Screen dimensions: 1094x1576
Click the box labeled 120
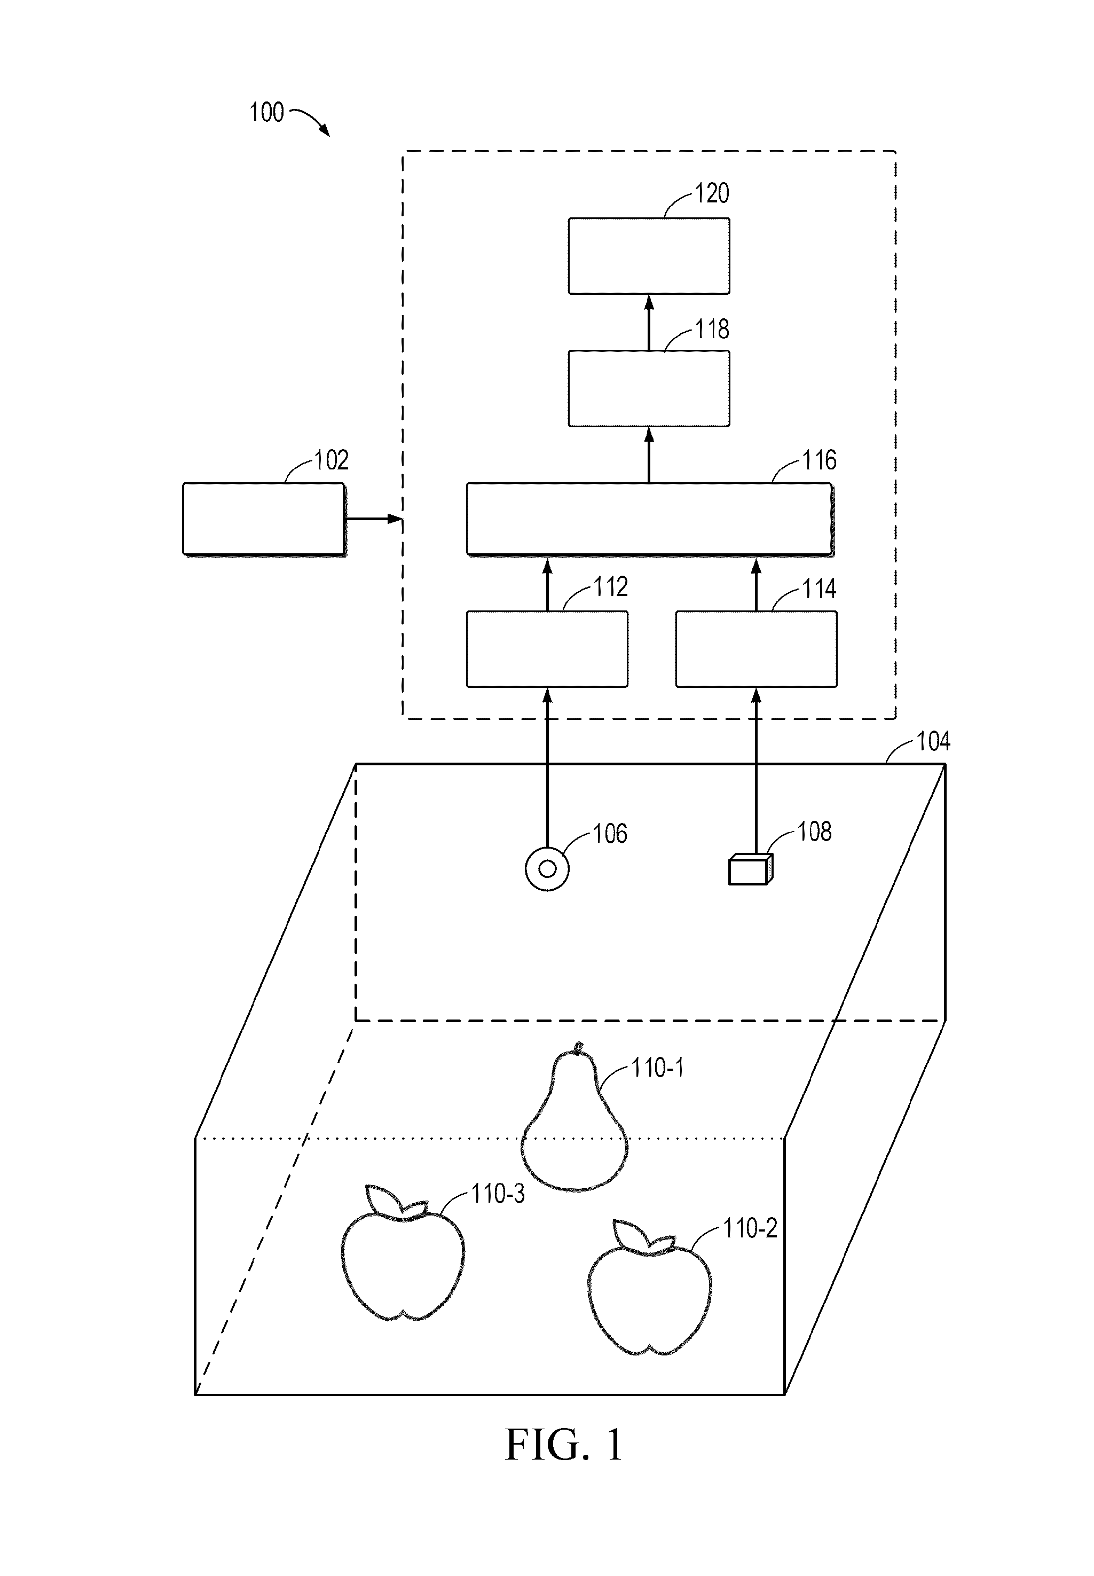[x=649, y=256]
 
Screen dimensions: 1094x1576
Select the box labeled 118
[x=649, y=389]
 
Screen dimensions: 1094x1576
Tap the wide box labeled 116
[x=649, y=519]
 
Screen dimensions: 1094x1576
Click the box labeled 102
[x=264, y=519]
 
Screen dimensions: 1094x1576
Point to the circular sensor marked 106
[x=547, y=869]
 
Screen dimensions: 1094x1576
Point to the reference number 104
[x=933, y=742]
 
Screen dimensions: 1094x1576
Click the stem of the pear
[x=579, y=1047]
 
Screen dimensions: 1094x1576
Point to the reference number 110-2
[x=750, y=1228]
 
